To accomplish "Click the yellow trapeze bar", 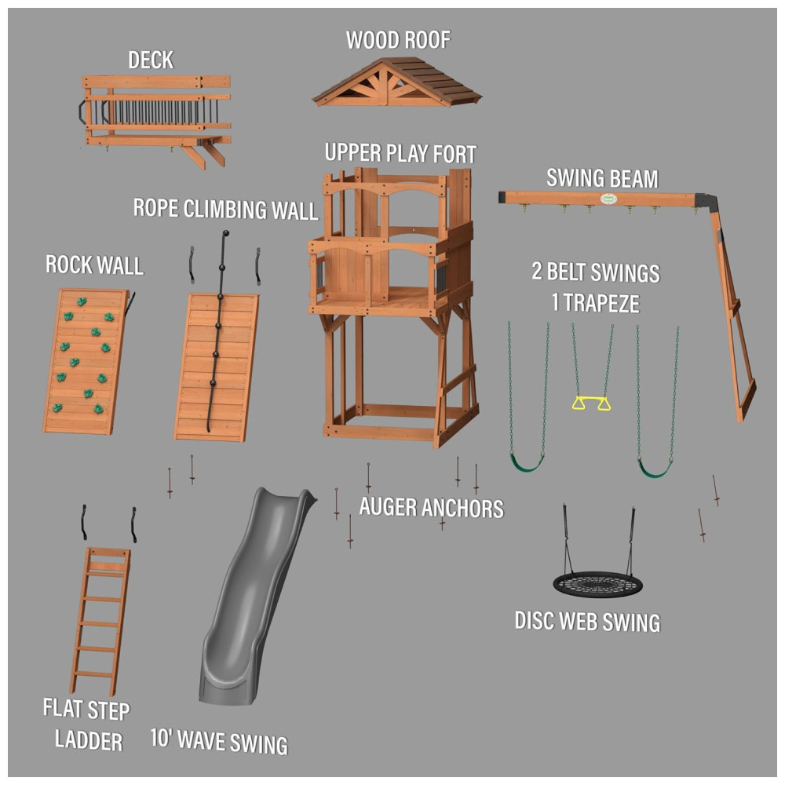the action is pyautogui.click(x=592, y=399).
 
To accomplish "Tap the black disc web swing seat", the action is pyautogui.click(x=597, y=584).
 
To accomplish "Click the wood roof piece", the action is pyautogui.click(x=396, y=82).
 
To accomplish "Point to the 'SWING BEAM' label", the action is pyautogui.click(x=602, y=179).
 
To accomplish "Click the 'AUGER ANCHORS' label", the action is pyautogui.click(x=431, y=507).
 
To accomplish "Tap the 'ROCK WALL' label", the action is pyautogui.click(x=95, y=265).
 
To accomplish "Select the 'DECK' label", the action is pyautogui.click(x=151, y=60).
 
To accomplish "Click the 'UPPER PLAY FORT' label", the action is pyautogui.click(x=400, y=153).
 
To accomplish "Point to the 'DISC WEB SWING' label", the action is pyautogui.click(x=588, y=621).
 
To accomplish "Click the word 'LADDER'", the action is pyautogui.click(x=89, y=740).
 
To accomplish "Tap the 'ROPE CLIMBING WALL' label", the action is pyautogui.click(x=226, y=210).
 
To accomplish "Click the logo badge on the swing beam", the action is pyautogui.click(x=608, y=199).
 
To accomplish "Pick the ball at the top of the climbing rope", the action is pyautogui.click(x=226, y=233).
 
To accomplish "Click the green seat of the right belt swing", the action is pyautogui.click(x=655, y=469).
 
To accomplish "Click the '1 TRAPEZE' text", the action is pyautogui.click(x=596, y=303).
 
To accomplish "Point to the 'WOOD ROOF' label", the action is pyautogui.click(x=399, y=40).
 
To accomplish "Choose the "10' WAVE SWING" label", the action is pyautogui.click(x=219, y=741).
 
